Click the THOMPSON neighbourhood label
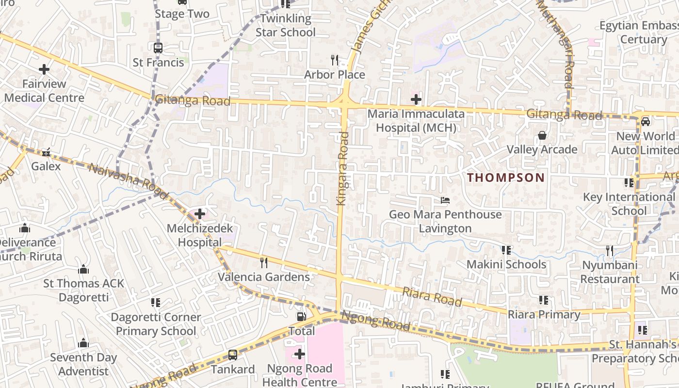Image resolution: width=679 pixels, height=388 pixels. (506, 178)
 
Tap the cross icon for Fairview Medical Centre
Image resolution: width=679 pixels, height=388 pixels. (44, 69)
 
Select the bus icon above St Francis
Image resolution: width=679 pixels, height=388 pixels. (158, 48)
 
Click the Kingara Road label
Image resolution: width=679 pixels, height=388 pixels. (343, 168)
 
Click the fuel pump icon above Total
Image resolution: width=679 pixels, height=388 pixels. (302, 317)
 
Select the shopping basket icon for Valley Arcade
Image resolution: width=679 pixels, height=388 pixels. (542, 135)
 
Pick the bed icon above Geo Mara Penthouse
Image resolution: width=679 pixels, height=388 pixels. (445, 200)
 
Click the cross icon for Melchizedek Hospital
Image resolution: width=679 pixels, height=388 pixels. (199, 213)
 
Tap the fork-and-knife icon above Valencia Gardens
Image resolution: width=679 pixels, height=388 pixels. (264, 263)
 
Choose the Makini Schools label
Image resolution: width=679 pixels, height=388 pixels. (506, 264)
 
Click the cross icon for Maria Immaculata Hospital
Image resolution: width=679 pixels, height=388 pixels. (416, 99)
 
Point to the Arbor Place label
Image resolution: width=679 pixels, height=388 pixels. (335, 75)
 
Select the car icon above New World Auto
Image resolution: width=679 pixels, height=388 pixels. (646, 121)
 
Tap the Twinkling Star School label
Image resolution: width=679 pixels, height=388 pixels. (286, 26)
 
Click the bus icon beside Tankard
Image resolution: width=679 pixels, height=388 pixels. (233, 355)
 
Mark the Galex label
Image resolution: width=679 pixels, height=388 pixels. (46, 166)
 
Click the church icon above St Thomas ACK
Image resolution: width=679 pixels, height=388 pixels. (84, 269)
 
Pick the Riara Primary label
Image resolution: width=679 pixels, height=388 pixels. (544, 314)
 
